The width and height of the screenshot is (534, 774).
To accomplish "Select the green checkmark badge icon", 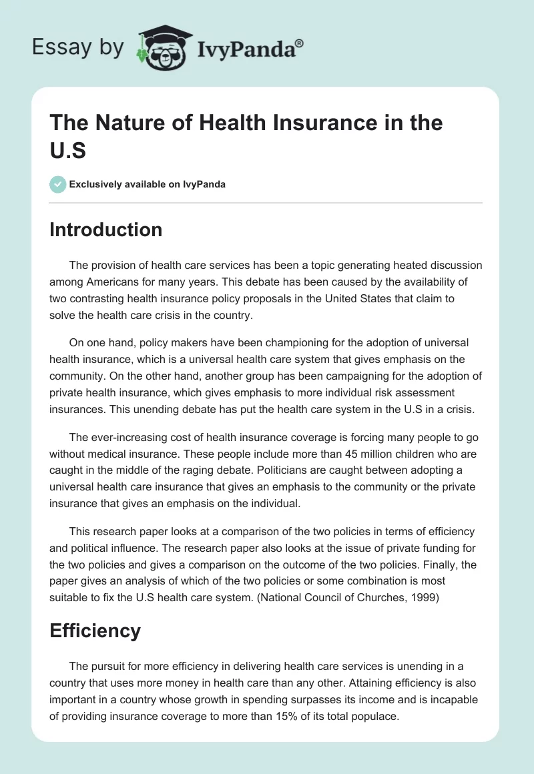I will pyautogui.click(x=58, y=184).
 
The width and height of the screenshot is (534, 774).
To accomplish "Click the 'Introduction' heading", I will pyautogui.click(x=105, y=230).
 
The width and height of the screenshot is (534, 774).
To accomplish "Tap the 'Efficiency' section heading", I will pyautogui.click(x=95, y=631).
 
